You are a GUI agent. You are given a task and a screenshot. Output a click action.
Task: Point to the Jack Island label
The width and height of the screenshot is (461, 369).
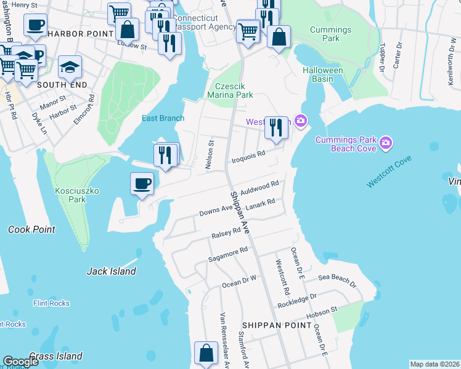coord(112,271)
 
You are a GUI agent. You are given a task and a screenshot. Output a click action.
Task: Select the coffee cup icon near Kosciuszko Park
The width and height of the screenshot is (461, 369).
coord(142,184)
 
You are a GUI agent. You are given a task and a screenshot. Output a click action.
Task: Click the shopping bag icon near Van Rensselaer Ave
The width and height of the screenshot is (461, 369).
coord(206,354)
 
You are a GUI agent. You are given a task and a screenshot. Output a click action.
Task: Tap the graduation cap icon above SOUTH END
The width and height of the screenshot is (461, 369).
coord(70,66)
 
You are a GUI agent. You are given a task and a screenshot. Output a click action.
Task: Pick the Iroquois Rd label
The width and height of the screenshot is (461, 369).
coord(248,157)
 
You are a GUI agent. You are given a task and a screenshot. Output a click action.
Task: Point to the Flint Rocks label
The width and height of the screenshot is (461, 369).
coord(51,303)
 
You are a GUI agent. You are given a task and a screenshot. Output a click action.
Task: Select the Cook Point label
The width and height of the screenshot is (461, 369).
coord(31,229)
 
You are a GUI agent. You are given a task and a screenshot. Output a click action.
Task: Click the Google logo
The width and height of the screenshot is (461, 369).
coord(20,362)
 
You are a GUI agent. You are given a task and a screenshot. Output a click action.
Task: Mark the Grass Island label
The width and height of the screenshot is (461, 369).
coord(55,356)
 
